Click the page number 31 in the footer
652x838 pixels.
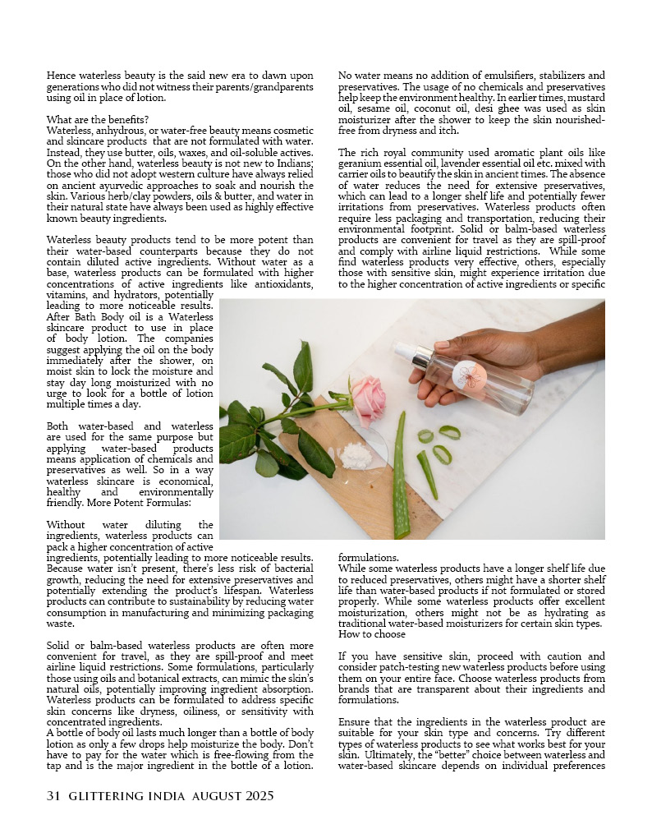(54, 795)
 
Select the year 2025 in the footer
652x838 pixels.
(255, 795)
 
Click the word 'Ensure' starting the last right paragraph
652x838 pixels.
(356, 722)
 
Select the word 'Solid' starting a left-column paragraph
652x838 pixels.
(60, 646)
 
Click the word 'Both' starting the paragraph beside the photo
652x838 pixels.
(60, 426)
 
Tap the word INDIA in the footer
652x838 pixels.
(167, 795)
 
